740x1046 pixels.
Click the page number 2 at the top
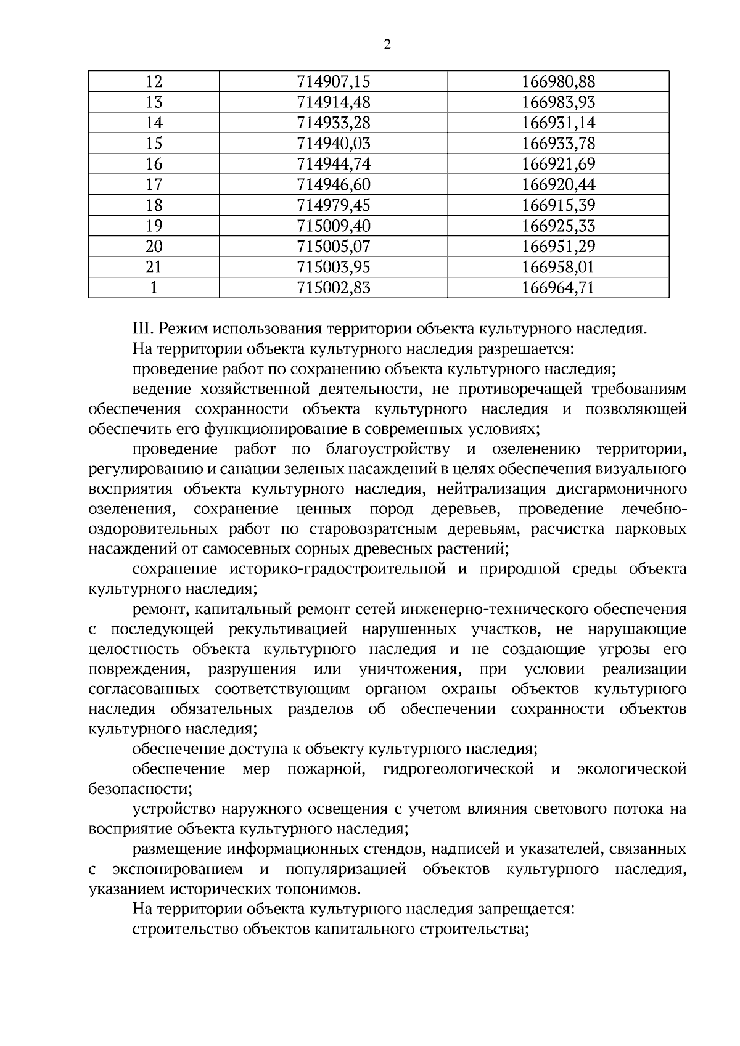[387, 44]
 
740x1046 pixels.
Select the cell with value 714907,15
[334, 81]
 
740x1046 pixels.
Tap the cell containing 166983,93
[559, 102]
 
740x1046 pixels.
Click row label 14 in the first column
[154, 123]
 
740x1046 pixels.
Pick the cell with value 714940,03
[334, 143]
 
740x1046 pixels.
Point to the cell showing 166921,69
[559, 164]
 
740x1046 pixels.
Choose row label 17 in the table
[154, 184]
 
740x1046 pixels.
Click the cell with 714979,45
[334, 205]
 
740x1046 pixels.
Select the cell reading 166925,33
[559, 226]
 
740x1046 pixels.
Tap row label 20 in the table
[154, 247]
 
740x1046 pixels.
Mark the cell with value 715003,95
[334, 267]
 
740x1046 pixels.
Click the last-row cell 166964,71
[559, 288]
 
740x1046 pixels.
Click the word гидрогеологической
[458, 769]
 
